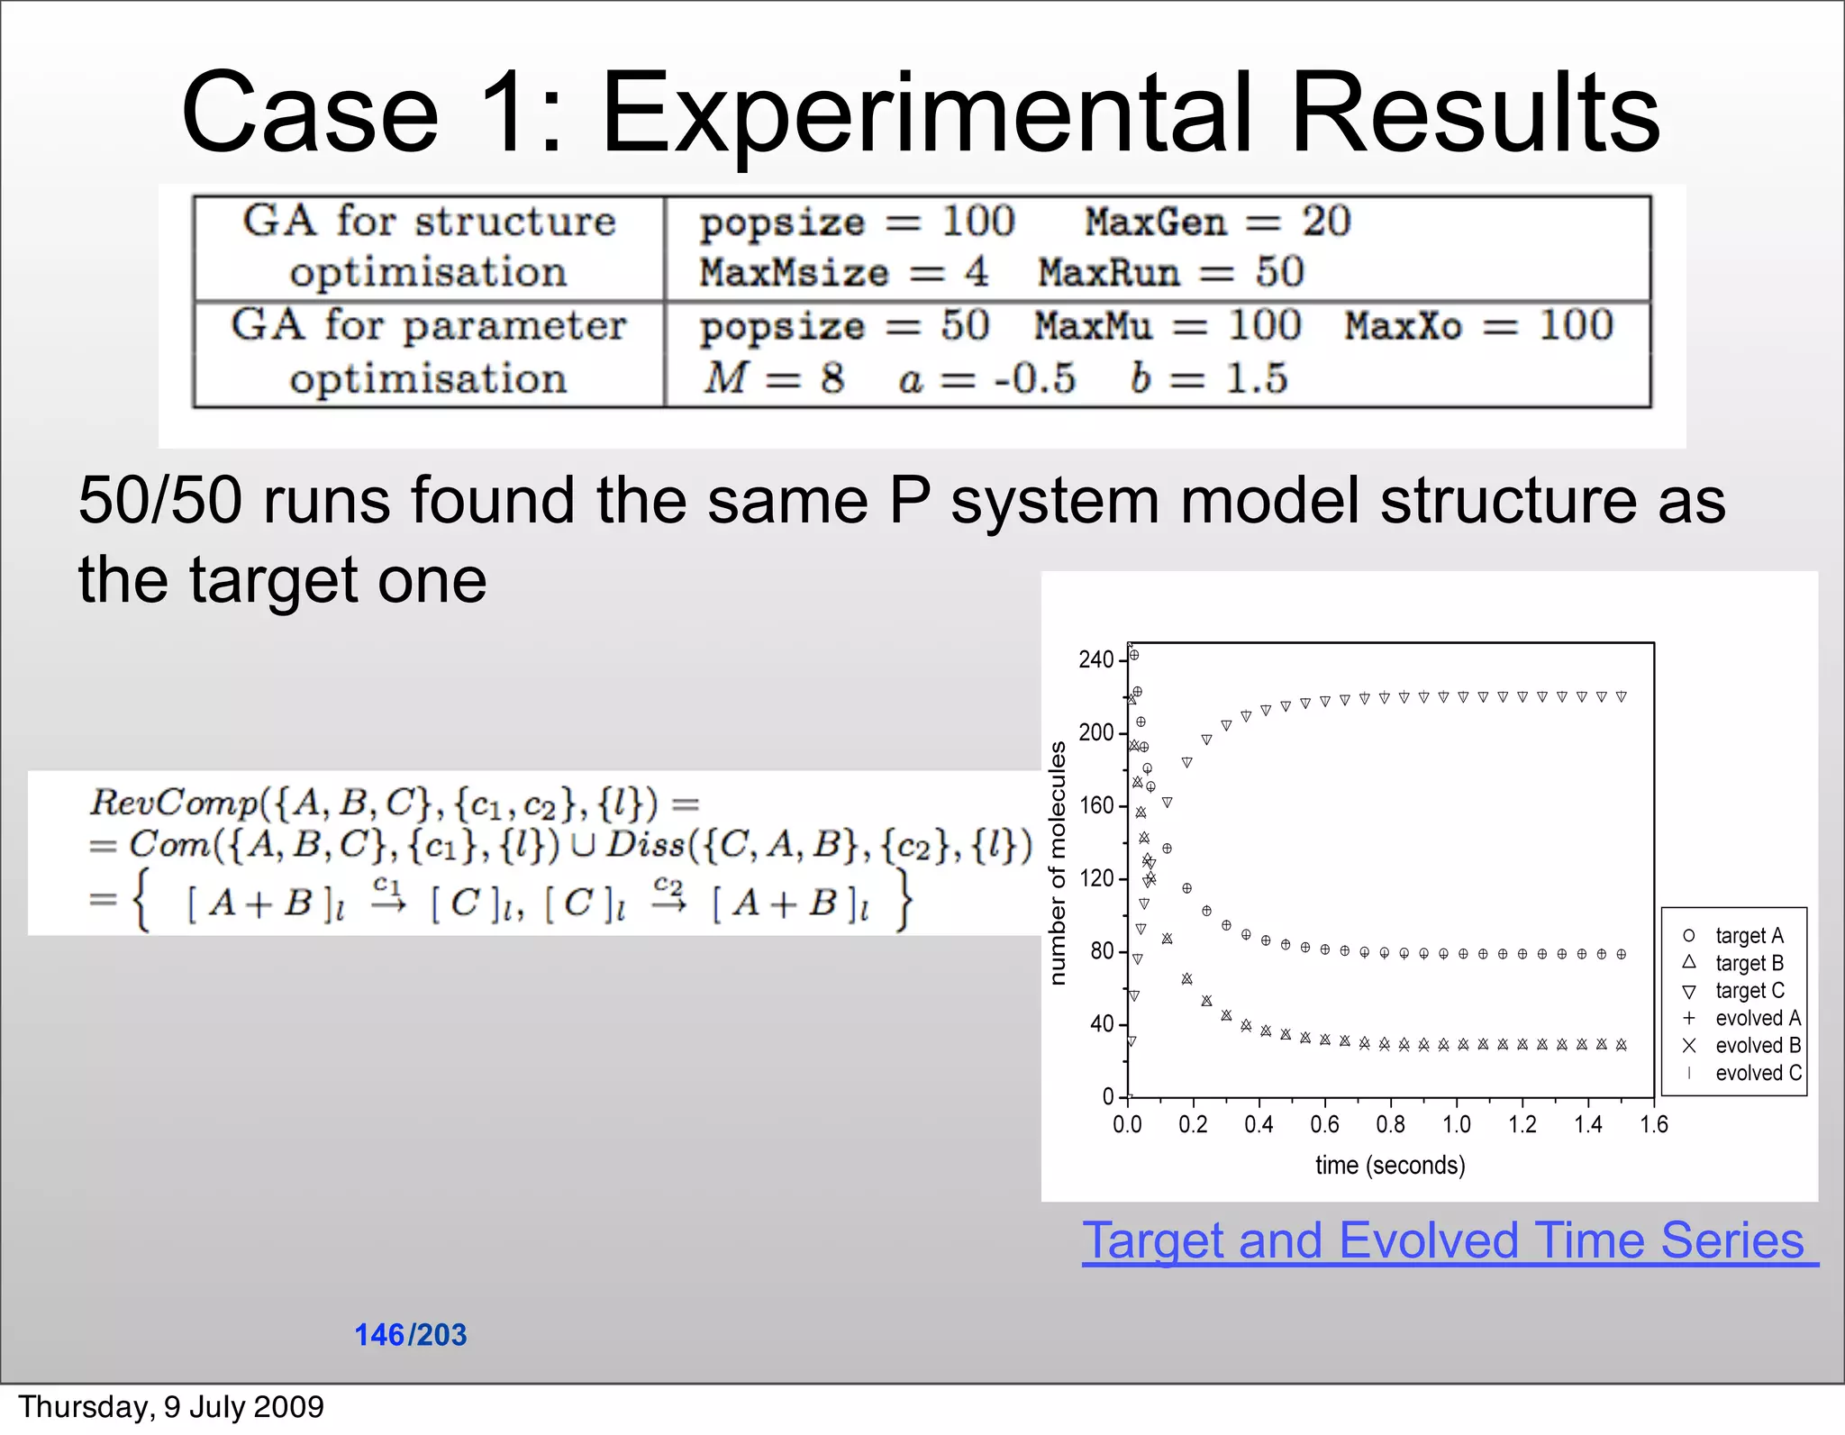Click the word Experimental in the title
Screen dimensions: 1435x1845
coord(928,114)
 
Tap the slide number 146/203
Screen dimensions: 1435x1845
coord(411,1334)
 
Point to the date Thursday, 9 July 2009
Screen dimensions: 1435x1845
coord(171,1406)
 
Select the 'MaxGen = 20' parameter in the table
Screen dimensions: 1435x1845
coord(1216,222)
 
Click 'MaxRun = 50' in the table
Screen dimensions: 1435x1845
coord(1170,272)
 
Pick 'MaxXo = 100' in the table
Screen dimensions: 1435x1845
coord(1478,325)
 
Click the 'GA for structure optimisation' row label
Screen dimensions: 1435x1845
coord(429,246)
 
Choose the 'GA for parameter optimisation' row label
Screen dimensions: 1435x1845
coord(429,351)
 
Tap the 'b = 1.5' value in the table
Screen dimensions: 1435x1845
coord(1209,377)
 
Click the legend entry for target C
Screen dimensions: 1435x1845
coord(1748,991)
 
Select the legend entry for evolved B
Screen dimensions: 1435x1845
coord(1756,1046)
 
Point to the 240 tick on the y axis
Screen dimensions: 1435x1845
coord(1096,660)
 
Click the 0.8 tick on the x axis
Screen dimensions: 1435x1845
coord(1390,1124)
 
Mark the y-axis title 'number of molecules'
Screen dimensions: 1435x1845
coord(1059,863)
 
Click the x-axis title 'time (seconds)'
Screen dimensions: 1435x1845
coord(1390,1165)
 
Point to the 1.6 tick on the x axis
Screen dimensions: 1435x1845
coord(1654,1124)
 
